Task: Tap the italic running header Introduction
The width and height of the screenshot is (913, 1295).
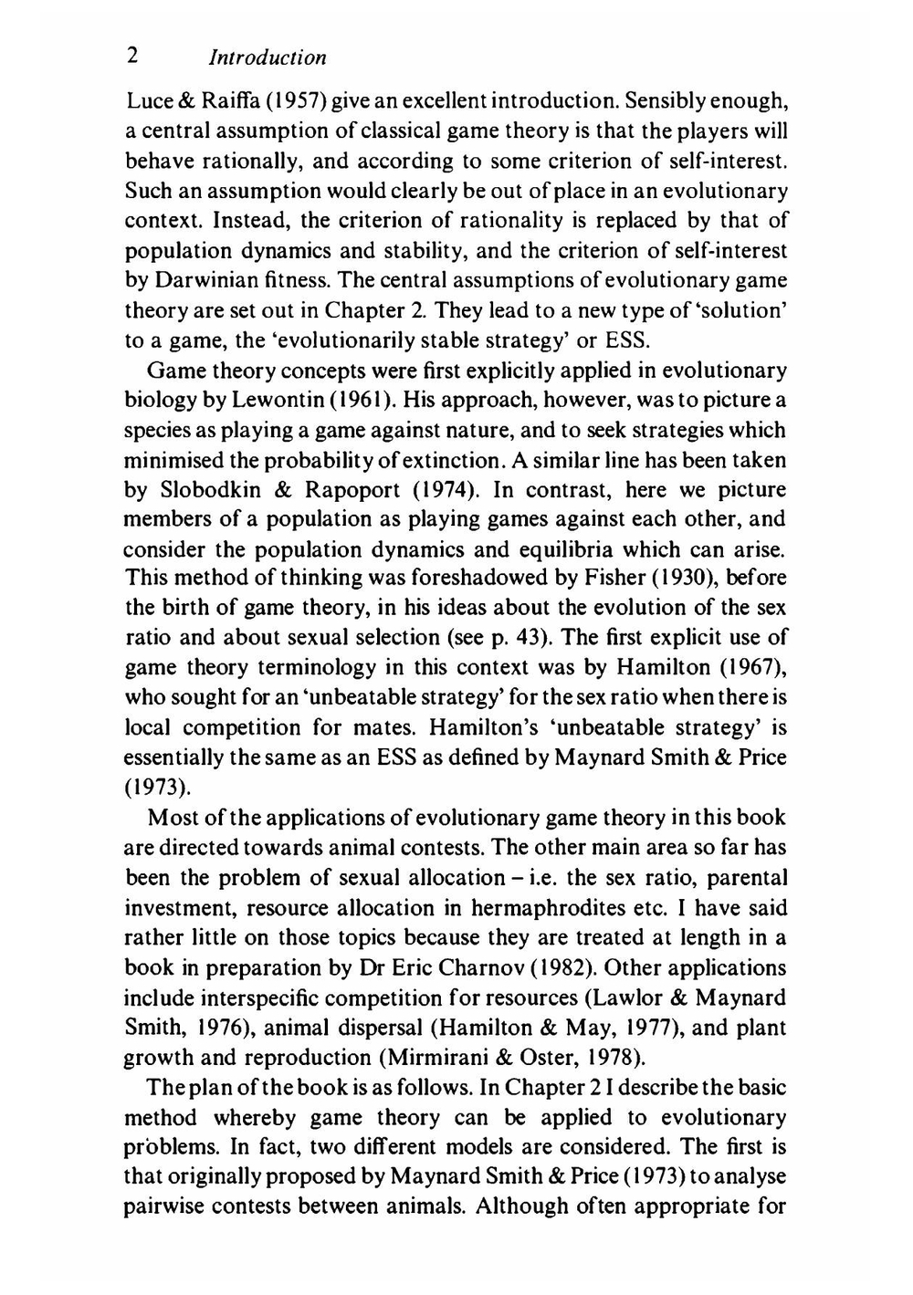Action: coord(268,57)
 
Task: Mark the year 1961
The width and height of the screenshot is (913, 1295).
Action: coord(366,400)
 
